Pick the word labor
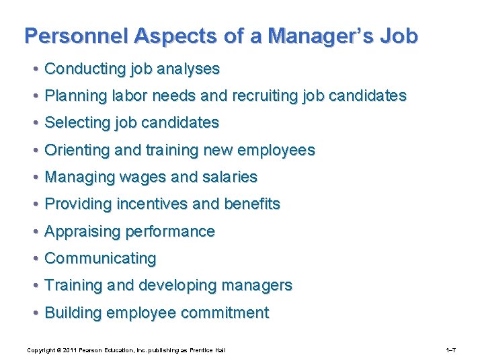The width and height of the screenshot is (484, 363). coord(130,95)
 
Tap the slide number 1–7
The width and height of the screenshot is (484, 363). coord(451,350)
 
